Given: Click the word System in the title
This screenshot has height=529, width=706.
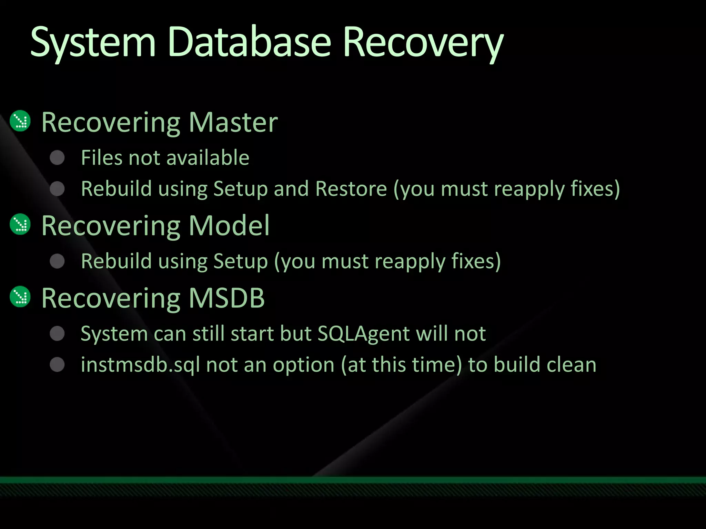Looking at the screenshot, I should tap(93, 43).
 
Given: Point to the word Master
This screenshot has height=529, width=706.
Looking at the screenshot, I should tap(233, 122).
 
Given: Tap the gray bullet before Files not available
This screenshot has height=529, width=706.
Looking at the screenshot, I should tap(57, 158).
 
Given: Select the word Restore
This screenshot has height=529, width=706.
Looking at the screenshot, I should tap(351, 189).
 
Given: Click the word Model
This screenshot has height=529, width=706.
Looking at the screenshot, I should tap(229, 226).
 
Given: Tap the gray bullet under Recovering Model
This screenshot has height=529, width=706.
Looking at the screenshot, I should tap(57, 261).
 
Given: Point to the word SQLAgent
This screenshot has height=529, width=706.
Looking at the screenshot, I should tap(363, 333).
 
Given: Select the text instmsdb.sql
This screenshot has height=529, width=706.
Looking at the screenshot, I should tap(140, 365).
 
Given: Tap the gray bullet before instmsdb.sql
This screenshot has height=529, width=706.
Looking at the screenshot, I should tap(57, 365).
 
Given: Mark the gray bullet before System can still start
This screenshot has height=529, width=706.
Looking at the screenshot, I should tap(57, 333).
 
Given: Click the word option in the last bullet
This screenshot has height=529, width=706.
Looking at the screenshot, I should tap(303, 365).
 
